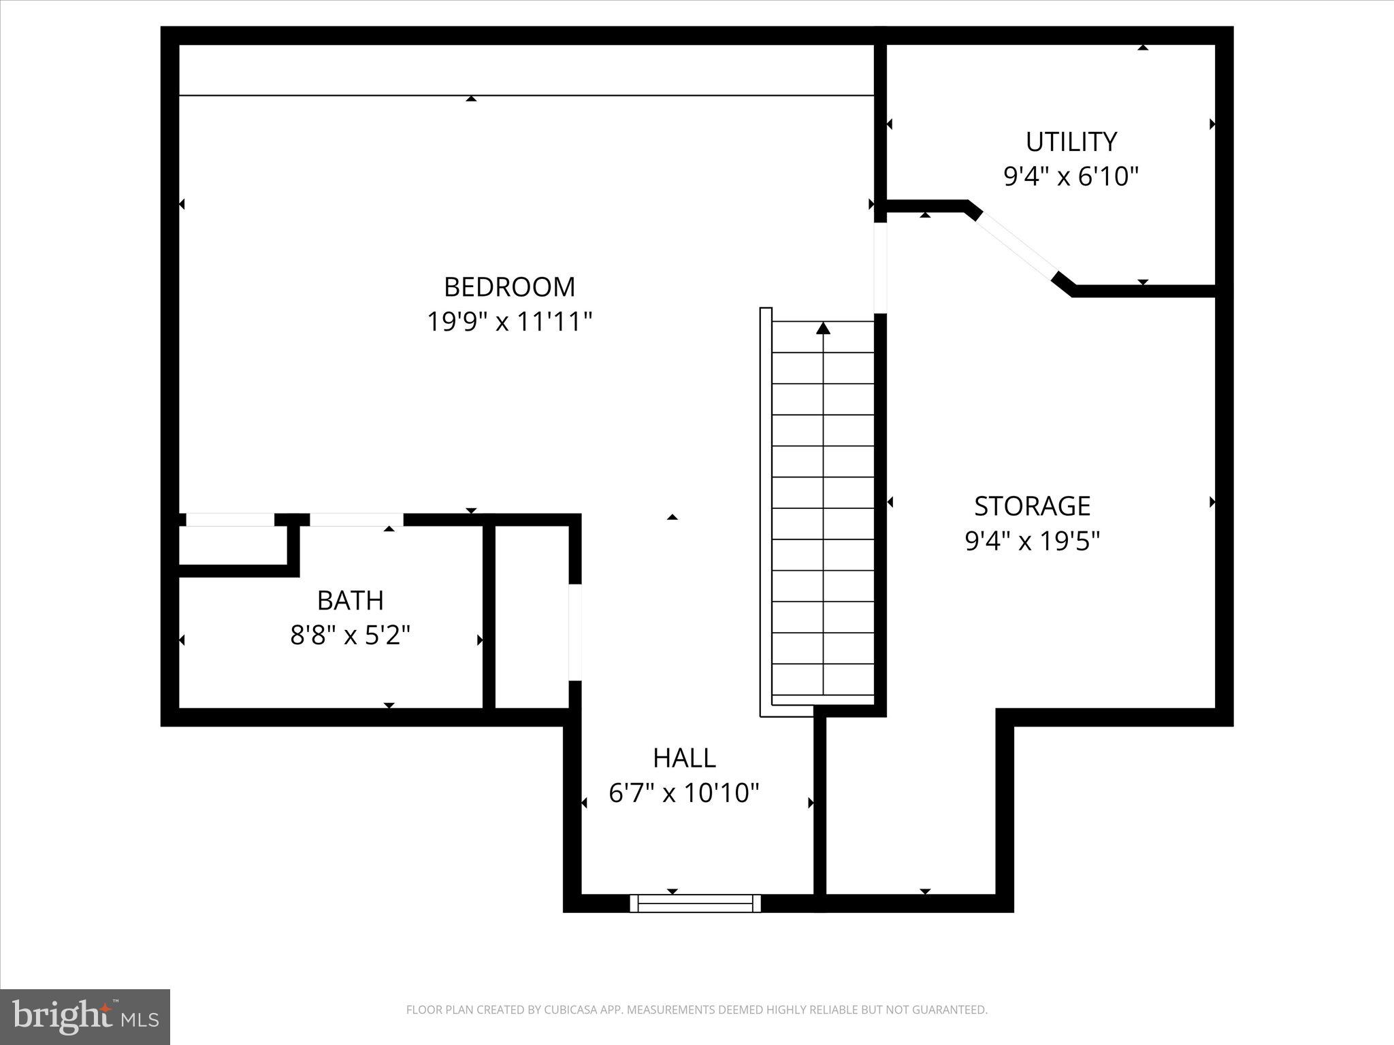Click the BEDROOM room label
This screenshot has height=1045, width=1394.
pos(509,286)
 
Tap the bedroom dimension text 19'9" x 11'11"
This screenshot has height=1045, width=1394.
pos(509,321)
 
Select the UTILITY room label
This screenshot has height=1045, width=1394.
pos(1071,142)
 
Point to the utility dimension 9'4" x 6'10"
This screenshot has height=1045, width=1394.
pos(1071,177)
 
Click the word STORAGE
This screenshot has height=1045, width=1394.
pos(1032,506)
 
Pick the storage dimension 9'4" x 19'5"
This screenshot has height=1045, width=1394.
pos(1032,542)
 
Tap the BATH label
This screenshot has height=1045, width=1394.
pos(350,600)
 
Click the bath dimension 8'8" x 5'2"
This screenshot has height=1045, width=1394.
pos(350,635)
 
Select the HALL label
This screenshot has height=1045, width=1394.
pos(684,757)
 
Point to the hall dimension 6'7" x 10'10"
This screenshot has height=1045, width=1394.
pos(684,793)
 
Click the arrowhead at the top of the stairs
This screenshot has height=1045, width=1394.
pos(824,329)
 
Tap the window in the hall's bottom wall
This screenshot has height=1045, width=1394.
pos(695,903)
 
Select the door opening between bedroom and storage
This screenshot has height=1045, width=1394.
pos(880,267)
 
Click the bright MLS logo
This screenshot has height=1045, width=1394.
pos(85,1016)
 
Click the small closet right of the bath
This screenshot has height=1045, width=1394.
pos(531,616)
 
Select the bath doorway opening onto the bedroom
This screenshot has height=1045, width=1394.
pos(357,520)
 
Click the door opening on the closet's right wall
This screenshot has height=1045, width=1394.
pos(575,631)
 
